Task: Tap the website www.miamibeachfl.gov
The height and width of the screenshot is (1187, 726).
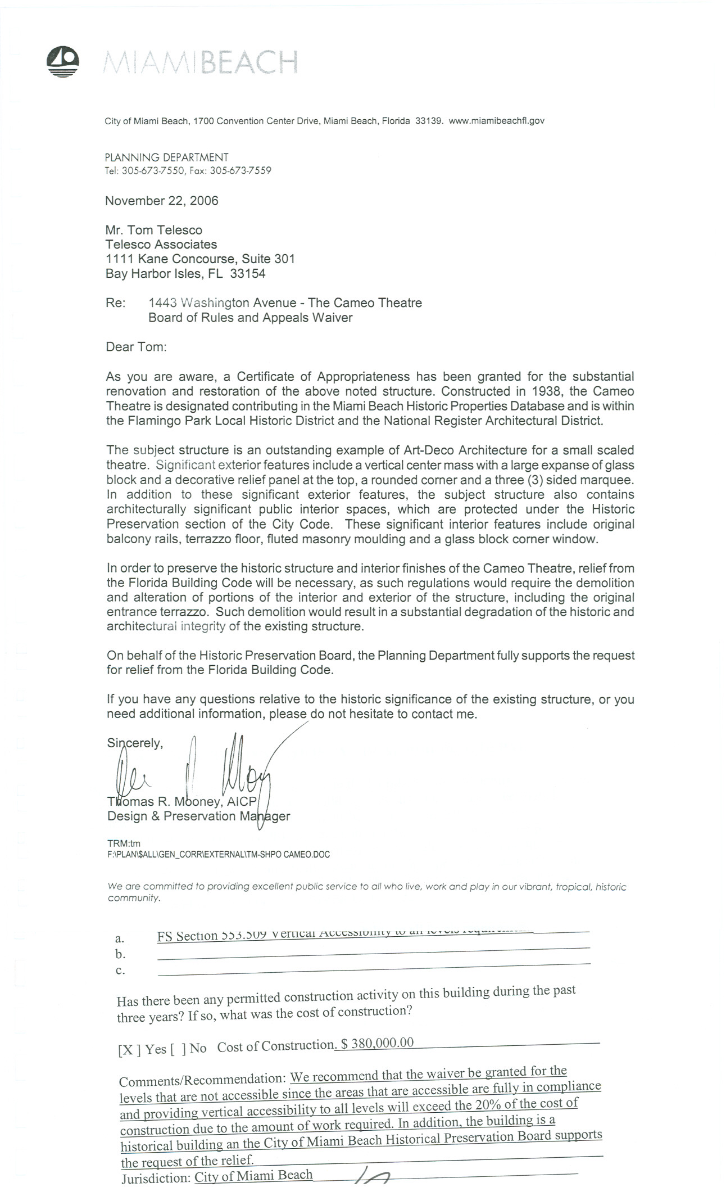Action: (497, 120)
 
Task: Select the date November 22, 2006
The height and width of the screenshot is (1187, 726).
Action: (162, 201)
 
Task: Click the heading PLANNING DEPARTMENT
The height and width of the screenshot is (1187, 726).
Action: (167, 157)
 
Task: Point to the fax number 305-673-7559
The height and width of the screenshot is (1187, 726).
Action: (241, 170)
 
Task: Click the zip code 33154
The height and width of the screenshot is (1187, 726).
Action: (248, 274)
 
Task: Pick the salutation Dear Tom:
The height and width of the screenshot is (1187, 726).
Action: (137, 346)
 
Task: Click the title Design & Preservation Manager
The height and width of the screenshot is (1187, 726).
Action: (198, 816)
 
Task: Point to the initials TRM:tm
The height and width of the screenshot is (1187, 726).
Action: (124, 843)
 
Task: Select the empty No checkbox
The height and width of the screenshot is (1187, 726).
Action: (179, 1049)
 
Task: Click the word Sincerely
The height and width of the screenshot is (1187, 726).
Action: (135, 743)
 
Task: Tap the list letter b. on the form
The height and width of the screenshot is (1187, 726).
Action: (120, 954)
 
